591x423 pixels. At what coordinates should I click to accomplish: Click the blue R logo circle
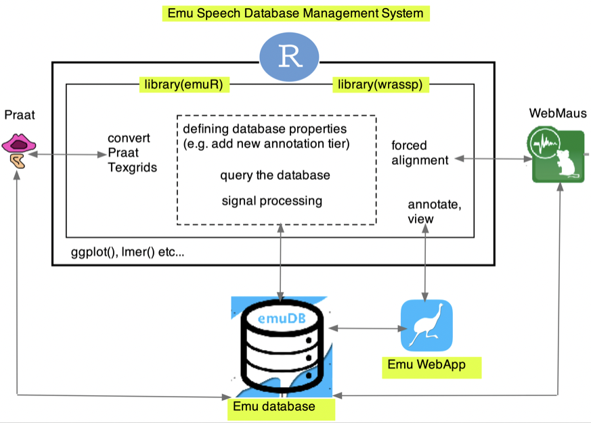289,57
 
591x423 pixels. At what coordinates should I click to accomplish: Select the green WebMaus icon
556,157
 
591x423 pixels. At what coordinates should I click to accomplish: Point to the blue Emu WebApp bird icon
426,326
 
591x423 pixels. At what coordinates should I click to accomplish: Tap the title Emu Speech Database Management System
296,13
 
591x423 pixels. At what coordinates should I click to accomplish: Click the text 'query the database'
275,176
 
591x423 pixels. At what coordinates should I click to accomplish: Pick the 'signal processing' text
272,201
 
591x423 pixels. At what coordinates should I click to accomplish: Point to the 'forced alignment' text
420,153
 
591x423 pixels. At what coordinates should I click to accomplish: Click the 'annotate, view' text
425,211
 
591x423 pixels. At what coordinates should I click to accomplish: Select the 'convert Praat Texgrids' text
132,153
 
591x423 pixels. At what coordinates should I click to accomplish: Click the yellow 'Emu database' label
281,407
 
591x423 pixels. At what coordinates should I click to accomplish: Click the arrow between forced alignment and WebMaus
491,159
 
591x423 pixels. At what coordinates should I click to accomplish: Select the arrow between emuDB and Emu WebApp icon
366,329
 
